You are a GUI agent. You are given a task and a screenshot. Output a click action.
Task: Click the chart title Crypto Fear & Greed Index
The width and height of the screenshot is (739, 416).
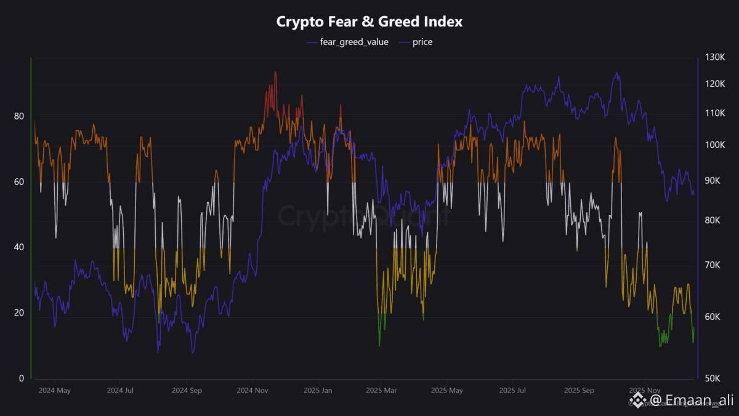click(369, 22)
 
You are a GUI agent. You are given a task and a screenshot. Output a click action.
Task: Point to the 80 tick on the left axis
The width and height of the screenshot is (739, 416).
click(19, 116)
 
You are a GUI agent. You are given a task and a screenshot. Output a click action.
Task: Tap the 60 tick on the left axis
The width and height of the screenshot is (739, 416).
click(19, 182)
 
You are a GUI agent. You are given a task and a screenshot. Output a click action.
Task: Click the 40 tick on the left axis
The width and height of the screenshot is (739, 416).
click(19, 247)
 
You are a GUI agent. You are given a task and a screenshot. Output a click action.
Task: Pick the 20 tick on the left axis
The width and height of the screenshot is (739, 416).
click(19, 312)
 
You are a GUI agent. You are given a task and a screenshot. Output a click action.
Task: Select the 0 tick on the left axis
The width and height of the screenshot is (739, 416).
click(22, 378)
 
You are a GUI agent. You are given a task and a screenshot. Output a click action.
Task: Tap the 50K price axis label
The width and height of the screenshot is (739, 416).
click(716, 378)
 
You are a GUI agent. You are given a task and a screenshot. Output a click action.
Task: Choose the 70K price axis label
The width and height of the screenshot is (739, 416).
click(716, 265)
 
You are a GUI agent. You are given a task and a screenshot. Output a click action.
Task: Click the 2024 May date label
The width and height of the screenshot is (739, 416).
click(54, 391)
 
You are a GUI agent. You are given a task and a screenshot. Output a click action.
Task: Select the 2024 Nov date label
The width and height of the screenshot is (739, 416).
click(253, 391)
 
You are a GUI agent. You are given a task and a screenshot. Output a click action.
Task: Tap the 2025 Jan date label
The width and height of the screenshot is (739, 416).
click(318, 391)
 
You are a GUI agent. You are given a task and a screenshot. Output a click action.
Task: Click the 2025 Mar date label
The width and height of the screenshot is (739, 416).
click(381, 391)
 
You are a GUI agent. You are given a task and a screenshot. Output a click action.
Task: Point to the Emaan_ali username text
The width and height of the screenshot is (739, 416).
click(692, 401)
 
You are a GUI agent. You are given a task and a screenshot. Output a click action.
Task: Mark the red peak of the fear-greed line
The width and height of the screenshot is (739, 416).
click(275, 73)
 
